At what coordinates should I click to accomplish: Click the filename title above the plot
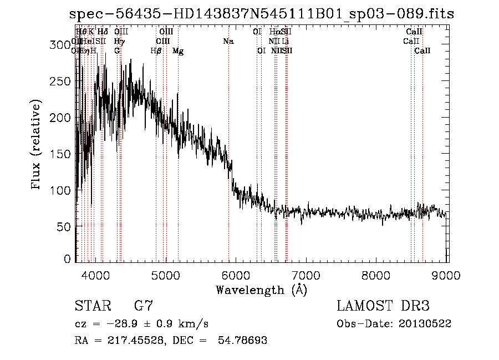tap(261, 14)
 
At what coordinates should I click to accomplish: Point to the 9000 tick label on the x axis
tap(447, 275)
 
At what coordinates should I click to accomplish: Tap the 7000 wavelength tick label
tap(307, 275)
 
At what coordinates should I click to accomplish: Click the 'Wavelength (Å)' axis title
tap(261, 290)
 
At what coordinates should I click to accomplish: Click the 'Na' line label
tap(228, 42)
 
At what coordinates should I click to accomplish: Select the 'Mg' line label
tap(178, 51)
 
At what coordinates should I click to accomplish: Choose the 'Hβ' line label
tap(156, 51)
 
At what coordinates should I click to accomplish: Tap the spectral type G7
tap(144, 306)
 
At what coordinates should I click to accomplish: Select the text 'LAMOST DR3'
tap(383, 306)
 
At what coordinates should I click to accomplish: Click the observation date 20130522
tap(427, 323)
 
